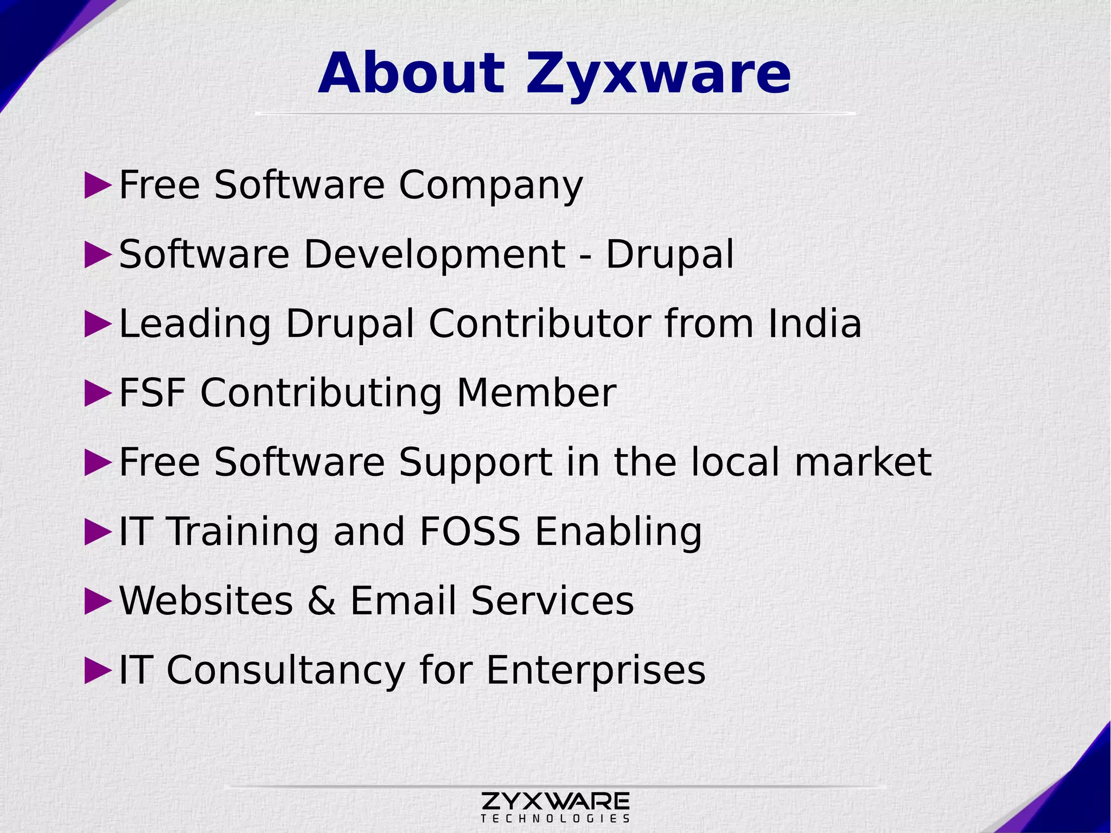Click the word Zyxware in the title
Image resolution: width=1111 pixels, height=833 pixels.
(x=657, y=74)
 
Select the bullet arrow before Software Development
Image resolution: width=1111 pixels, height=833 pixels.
(x=98, y=255)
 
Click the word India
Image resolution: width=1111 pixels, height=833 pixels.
(x=814, y=323)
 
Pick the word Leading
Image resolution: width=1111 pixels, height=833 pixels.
(x=194, y=325)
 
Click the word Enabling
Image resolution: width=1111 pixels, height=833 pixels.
(x=618, y=532)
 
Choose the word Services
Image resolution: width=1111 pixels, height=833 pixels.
(x=552, y=601)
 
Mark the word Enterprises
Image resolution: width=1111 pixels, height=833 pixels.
(x=596, y=671)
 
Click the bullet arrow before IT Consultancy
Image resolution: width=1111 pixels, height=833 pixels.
(x=98, y=670)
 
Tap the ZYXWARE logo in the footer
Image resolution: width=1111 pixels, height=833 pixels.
(x=555, y=800)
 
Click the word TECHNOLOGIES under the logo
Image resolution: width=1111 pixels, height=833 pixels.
(x=555, y=818)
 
